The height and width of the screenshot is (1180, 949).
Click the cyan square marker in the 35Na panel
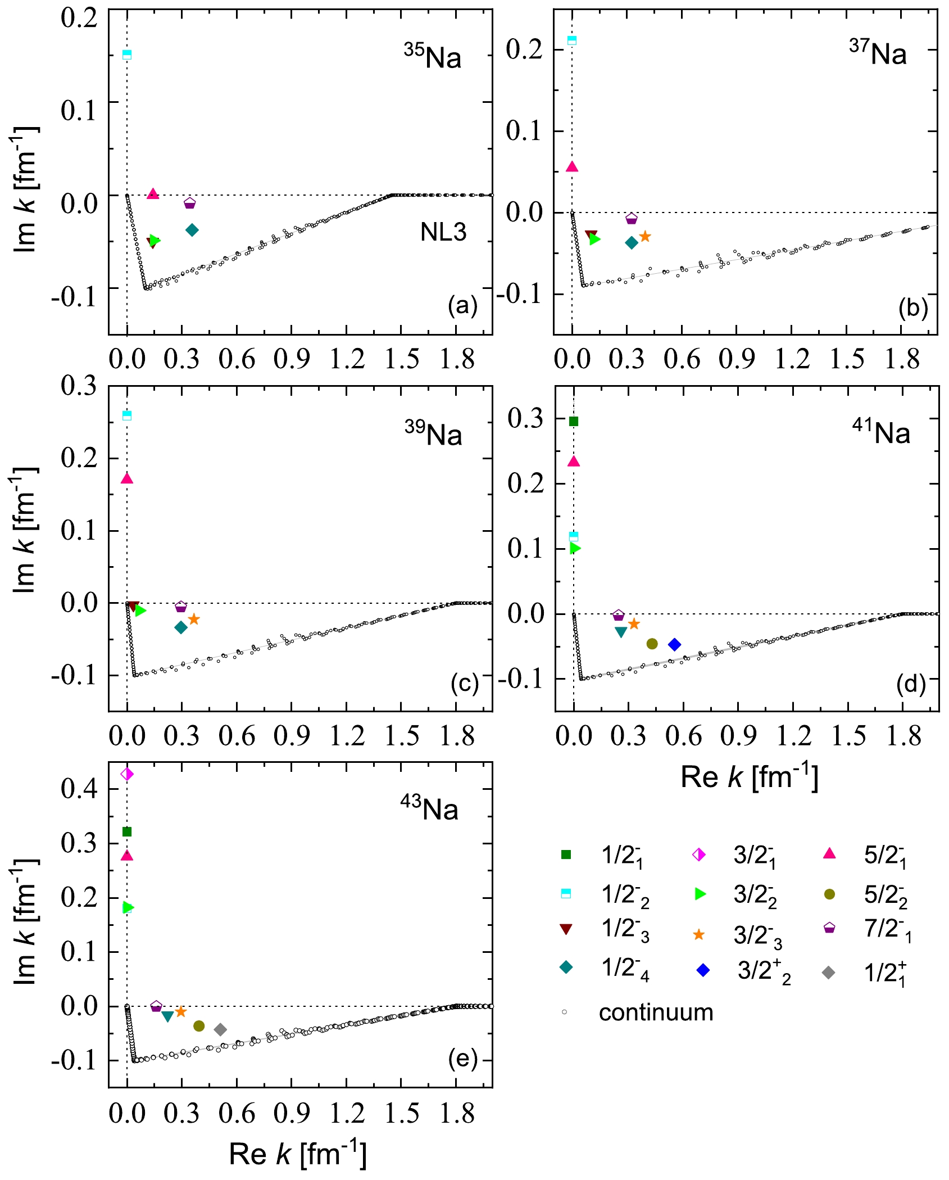127,55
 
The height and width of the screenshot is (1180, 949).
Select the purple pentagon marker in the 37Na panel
632,219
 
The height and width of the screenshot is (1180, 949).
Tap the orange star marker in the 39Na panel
194,619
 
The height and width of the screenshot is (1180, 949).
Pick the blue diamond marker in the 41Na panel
675,644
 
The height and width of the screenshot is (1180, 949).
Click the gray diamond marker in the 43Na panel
220,1029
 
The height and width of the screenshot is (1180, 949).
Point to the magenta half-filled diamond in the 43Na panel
127,774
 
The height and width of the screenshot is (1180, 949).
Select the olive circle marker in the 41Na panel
652,644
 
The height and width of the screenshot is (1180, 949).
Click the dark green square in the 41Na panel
574,422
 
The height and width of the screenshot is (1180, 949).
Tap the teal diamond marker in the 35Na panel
192,230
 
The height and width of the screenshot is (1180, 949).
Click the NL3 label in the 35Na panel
443,232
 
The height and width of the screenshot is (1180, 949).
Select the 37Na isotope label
878,54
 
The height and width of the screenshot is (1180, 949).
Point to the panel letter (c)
464,684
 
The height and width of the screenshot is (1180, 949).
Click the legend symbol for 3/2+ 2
703,970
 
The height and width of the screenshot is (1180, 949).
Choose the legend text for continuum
656,1012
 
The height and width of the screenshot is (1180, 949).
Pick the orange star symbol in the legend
699,935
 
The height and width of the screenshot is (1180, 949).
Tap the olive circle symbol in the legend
829,894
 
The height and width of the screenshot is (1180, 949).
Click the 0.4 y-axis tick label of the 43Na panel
79,789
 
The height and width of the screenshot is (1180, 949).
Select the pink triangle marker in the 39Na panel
127,478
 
